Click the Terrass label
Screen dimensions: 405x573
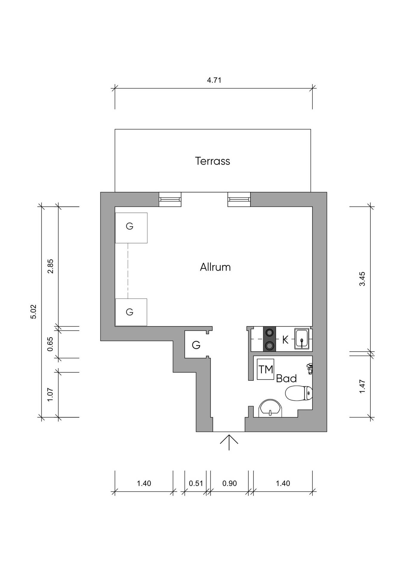[x=212, y=161]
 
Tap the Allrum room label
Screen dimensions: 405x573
[x=215, y=267]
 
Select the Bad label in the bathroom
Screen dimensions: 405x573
[x=286, y=378]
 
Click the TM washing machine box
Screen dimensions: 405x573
[x=266, y=369]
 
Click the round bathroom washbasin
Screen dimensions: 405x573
[x=270, y=408]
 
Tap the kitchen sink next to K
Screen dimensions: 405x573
[x=302, y=339]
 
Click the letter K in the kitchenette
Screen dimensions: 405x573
[x=285, y=340]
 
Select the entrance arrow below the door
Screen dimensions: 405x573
[x=229, y=442]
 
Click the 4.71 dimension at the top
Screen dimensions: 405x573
[x=214, y=80]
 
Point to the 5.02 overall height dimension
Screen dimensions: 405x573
[x=33, y=312]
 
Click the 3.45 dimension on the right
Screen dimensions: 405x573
[x=362, y=279]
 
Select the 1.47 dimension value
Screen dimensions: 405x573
[x=362, y=386]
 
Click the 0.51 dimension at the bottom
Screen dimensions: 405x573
[x=196, y=483]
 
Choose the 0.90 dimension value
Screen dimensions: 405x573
[x=230, y=483]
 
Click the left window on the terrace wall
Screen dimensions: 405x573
[x=170, y=199]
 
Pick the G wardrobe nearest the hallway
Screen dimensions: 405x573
[x=196, y=345]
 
